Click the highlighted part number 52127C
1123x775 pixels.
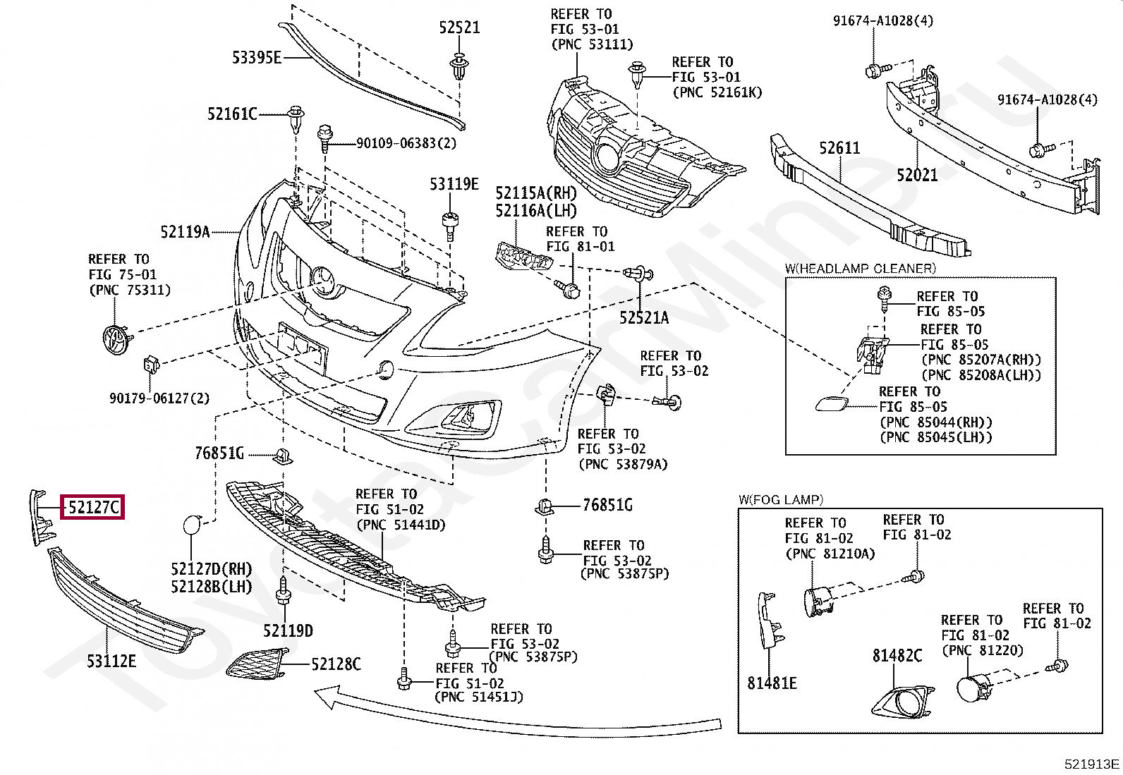[93, 507]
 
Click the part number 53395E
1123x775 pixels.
[257, 58]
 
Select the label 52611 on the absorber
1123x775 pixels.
[839, 148]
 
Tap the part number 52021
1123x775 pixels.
[917, 175]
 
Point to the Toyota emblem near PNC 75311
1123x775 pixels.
[116, 339]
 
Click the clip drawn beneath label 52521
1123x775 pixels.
[459, 67]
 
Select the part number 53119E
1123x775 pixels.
[454, 184]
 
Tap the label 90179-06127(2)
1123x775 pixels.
[159, 398]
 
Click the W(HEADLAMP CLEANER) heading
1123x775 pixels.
[860, 269]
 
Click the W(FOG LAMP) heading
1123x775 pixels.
[781, 500]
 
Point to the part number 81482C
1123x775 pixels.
[897, 656]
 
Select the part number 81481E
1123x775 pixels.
[772, 683]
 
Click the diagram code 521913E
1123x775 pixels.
[1091, 764]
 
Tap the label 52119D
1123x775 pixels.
[288, 630]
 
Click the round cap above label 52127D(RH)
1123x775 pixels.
[192, 525]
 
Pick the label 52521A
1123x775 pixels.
[644, 318]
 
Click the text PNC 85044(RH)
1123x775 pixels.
[936, 422]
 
